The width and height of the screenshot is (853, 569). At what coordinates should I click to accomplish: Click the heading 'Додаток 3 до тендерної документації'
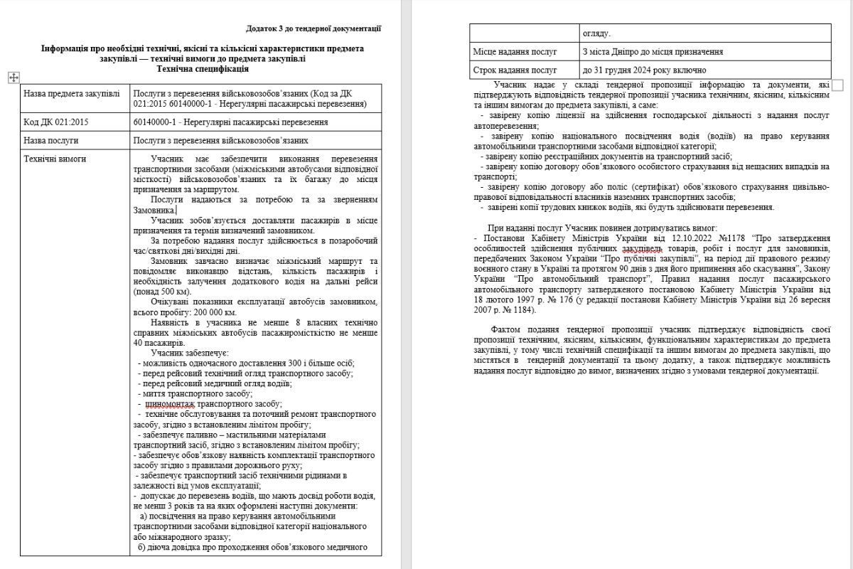(313, 28)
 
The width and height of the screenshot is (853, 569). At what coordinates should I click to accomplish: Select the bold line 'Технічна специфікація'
(203, 69)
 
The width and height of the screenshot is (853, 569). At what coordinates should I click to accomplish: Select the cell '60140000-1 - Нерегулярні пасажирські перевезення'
(230, 122)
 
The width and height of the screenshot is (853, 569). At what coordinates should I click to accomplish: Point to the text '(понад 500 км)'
(163, 292)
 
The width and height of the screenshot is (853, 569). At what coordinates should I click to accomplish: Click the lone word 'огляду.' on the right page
(596, 33)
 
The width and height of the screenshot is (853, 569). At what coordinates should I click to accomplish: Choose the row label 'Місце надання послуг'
(515, 52)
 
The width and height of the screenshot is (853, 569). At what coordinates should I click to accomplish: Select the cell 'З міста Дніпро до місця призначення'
(653, 52)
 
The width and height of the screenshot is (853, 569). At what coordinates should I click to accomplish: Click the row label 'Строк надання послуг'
(515, 70)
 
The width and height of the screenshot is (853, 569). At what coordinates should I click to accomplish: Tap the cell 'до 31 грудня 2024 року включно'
(644, 70)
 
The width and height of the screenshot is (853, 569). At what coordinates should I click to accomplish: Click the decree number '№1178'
(732, 237)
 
